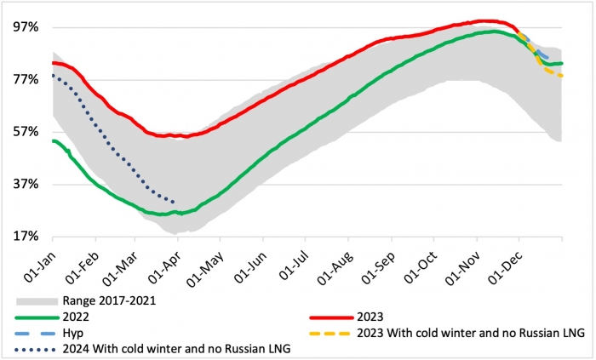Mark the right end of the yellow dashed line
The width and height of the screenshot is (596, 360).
coord(562,77)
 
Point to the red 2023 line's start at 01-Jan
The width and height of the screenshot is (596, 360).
coord(53,62)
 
